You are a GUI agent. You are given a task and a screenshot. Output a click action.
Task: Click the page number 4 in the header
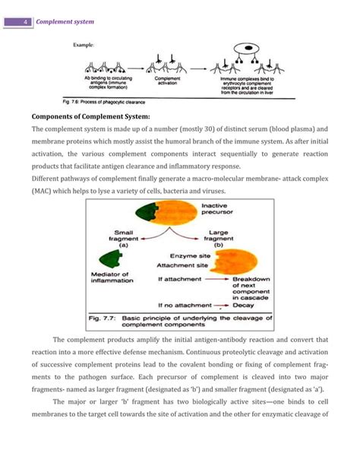27,22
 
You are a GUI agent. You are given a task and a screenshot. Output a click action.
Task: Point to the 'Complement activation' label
167,80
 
